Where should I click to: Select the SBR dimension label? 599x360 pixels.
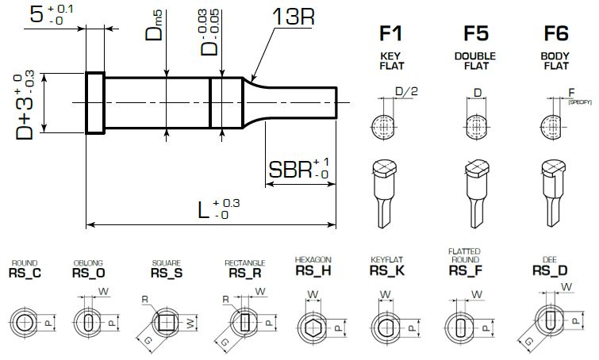[x=290, y=170]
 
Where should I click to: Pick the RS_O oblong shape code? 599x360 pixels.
[x=88, y=273]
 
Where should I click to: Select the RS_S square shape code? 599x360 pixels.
[x=167, y=273]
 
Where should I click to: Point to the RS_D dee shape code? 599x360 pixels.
[x=548, y=270]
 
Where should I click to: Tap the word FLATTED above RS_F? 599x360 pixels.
[x=465, y=251]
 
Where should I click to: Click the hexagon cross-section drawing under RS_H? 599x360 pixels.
[x=311, y=326]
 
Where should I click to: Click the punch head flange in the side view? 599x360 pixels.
[x=94, y=103]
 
